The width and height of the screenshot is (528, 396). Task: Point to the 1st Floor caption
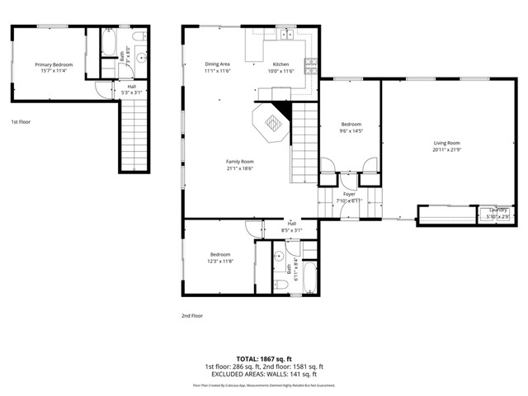[21, 122]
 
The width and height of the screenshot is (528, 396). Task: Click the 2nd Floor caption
[191, 315]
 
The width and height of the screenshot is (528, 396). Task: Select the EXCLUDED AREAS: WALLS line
[264, 374]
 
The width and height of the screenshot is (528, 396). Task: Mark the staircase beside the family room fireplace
[304, 144]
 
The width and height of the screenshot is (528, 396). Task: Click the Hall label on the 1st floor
[131, 88]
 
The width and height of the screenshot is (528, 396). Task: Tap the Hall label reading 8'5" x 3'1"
[291, 227]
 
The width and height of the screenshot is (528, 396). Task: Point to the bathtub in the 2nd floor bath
[307, 277]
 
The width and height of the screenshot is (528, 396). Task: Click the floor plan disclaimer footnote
[264, 384]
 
